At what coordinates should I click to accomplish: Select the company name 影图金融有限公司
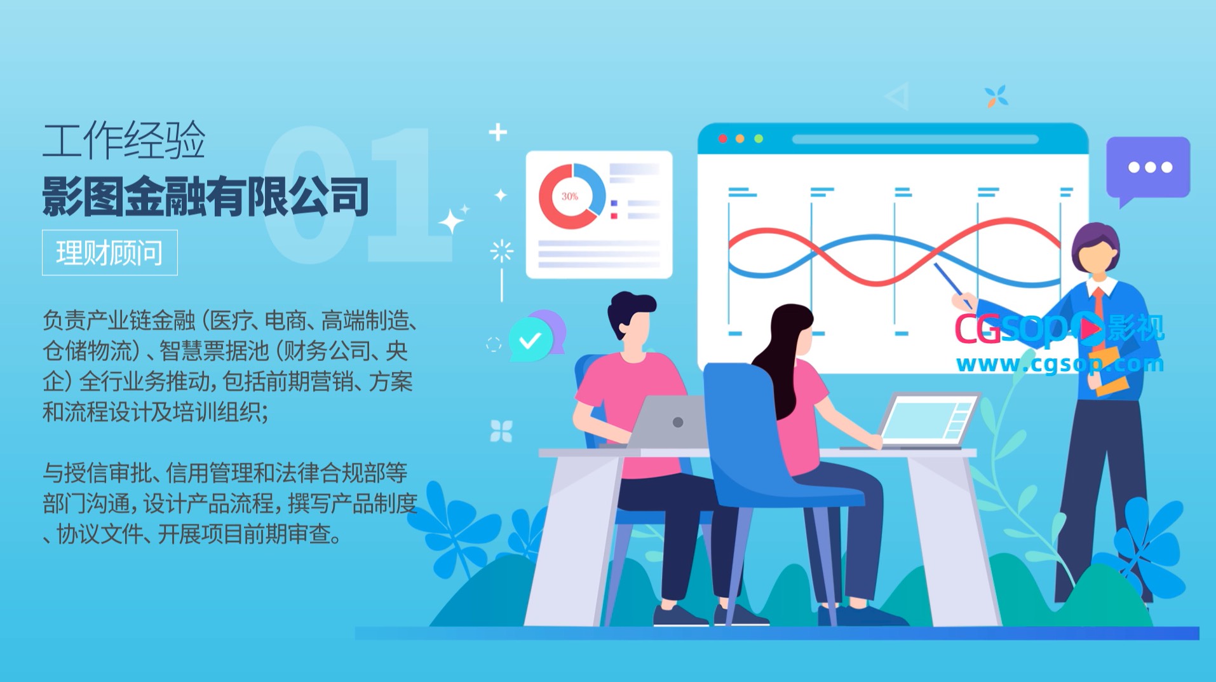click(205, 196)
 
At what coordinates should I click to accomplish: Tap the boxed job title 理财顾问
click(109, 252)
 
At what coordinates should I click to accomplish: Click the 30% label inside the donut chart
click(570, 196)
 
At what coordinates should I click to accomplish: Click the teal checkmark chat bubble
click(531, 341)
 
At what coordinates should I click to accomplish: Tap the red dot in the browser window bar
click(722, 139)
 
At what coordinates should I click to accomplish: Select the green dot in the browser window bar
click(759, 139)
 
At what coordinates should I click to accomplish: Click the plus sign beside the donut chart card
click(497, 132)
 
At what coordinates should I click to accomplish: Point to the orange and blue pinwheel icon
click(996, 97)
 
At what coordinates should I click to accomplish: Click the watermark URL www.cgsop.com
click(1060, 364)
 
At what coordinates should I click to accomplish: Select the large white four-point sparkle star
click(450, 222)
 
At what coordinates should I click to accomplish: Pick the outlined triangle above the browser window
click(898, 97)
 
